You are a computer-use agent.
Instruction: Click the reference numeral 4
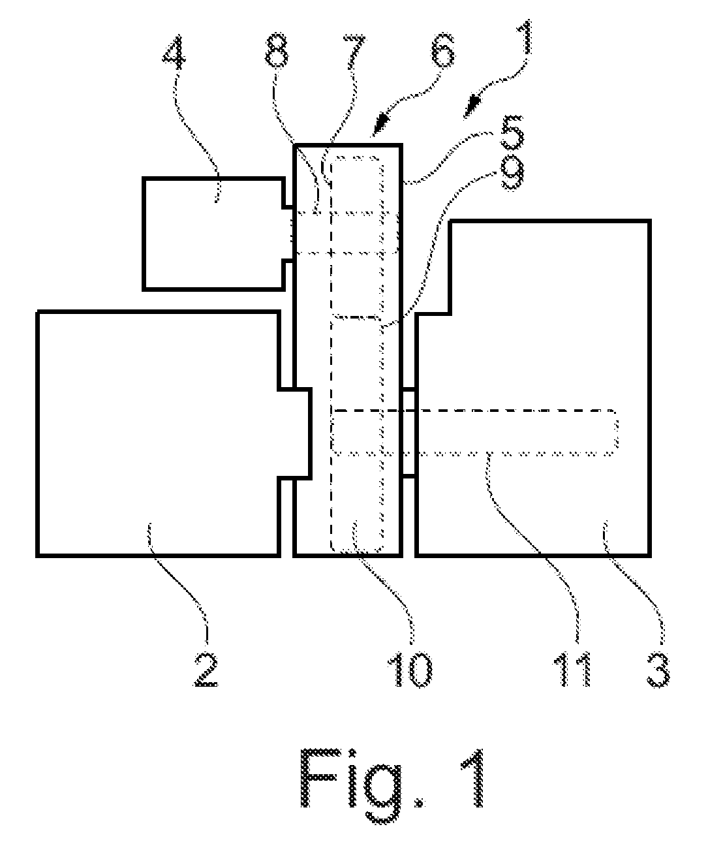(x=174, y=50)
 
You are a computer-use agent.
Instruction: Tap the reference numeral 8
(x=276, y=50)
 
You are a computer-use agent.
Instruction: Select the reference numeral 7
(x=354, y=50)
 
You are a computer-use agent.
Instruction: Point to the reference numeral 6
(x=442, y=52)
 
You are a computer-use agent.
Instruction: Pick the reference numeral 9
(x=512, y=174)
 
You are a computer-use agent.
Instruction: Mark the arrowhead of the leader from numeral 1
(x=471, y=107)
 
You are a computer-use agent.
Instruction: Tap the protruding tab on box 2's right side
(x=296, y=433)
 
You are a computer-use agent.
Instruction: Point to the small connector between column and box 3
(x=409, y=433)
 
